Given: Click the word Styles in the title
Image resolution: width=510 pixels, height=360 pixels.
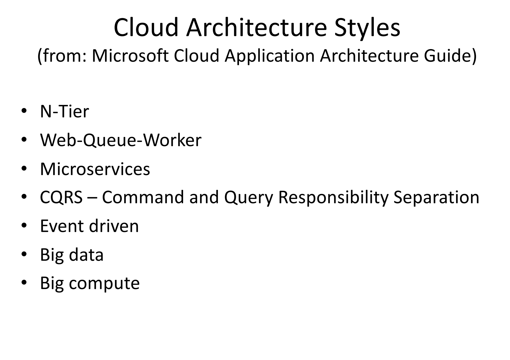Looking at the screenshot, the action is (367, 27).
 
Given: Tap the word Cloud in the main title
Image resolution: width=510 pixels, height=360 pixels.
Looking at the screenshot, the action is (146, 27).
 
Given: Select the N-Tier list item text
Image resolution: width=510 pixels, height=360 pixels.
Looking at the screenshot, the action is (65, 111).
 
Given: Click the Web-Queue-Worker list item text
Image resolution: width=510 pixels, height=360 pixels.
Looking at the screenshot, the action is (121, 140).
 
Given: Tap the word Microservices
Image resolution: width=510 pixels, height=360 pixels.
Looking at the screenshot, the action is (95, 169).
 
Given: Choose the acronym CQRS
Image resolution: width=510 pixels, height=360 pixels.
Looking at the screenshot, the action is (62, 197).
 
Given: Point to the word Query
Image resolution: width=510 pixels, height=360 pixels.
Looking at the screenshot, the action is (249, 198).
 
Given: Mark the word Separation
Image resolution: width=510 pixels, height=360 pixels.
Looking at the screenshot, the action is (436, 198).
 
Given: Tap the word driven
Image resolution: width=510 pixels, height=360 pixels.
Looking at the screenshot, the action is (114, 226).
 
